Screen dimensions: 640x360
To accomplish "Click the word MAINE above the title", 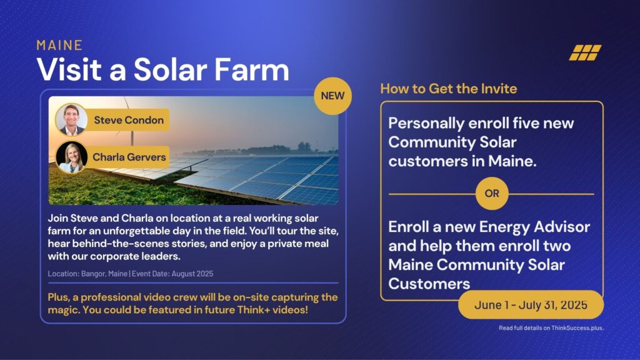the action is tap(59, 45).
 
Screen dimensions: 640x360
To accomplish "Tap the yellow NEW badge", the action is tap(332, 96).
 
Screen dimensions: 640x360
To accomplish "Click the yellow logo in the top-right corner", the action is tap(585, 52).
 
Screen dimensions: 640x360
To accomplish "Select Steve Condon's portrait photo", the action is tap(71, 119).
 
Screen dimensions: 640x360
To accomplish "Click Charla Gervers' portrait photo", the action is tap(71, 157).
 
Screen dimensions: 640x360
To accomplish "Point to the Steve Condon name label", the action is tap(129, 120).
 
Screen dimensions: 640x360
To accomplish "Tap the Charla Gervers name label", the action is tap(129, 157).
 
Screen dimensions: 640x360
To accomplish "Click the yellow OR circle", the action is tap(492, 194).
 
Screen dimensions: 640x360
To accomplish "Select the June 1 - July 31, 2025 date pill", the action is tap(531, 305).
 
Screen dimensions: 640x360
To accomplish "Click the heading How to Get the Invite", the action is tap(449, 89).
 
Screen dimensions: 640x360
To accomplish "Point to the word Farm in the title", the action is tap(251, 69).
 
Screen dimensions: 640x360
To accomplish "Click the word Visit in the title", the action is tap(69, 69).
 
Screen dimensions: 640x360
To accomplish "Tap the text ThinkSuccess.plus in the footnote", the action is tap(577, 327).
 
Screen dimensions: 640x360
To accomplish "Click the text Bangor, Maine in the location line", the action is tap(104, 274).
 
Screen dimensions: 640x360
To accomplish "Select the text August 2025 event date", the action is tap(192, 274).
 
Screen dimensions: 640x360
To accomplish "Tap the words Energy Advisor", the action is tap(534, 227).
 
